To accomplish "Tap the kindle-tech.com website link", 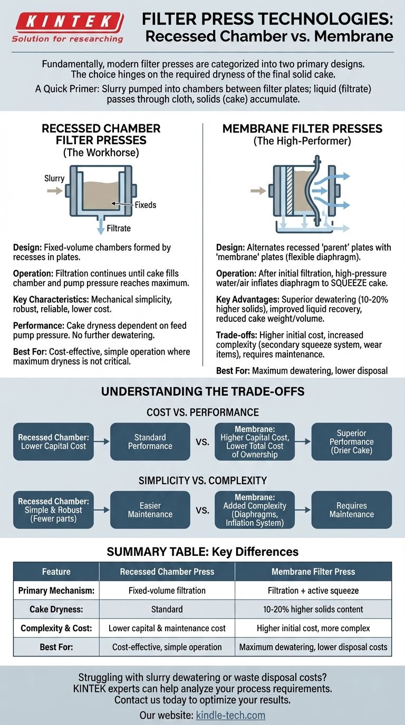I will pyautogui.click(x=230, y=715).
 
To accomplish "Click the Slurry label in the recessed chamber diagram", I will pyautogui.click(x=54, y=178).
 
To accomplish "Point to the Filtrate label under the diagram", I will pyautogui.click(x=119, y=228).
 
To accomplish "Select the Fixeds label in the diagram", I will pyautogui.click(x=146, y=204).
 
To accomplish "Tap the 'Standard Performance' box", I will pyautogui.click(x=150, y=442).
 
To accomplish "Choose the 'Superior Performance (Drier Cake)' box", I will pyautogui.click(x=351, y=442).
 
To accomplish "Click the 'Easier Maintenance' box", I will pyautogui.click(x=150, y=510).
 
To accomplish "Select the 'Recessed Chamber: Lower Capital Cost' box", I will pyautogui.click(x=53, y=442).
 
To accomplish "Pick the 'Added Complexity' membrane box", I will pyautogui.click(x=255, y=510).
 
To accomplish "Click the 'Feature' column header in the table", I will pyautogui.click(x=56, y=571).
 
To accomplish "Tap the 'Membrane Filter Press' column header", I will pyautogui.click(x=313, y=571).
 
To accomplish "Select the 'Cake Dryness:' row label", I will pyautogui.click(x=56, y=609).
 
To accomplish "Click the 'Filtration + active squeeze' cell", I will pyautogui.click(x=313, y=590).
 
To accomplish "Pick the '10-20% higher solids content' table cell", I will pyautogui.click(x=313, y=609).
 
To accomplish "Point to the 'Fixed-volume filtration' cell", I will pyautogui.click(x=167, y=590).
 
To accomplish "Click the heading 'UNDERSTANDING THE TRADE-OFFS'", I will pyautogui.click(x=202, y=392).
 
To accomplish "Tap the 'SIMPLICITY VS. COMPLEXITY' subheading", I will pyautogui.click(x=202, y=480).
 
